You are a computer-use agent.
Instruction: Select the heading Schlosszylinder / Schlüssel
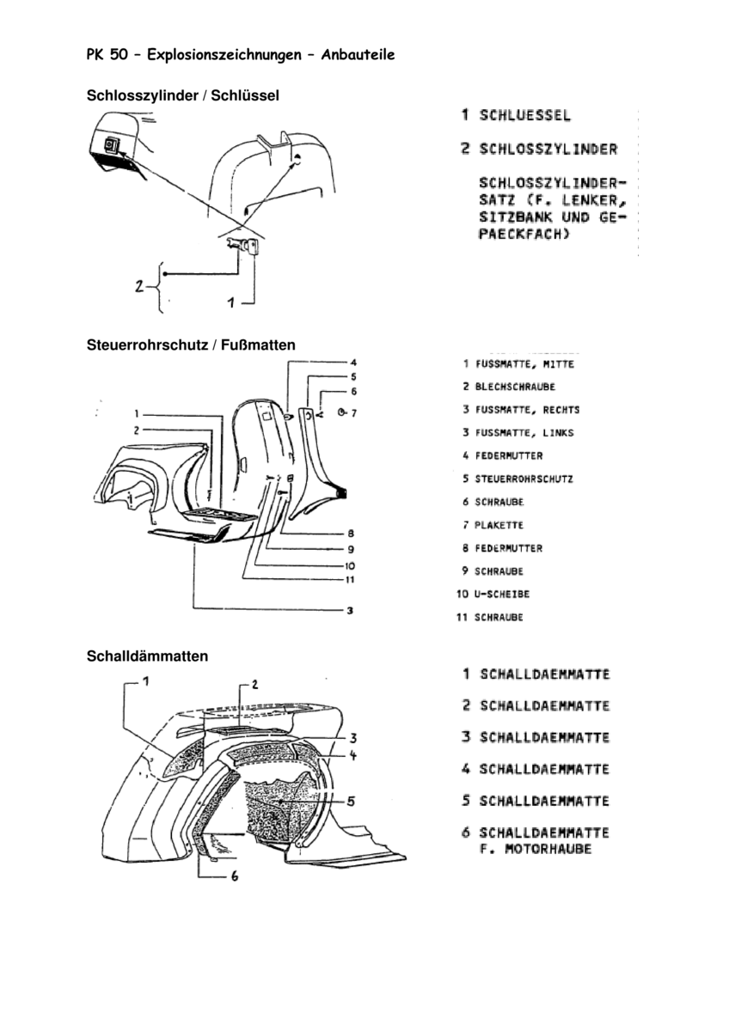(183, 96)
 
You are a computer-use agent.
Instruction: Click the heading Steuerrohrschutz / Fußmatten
(191, 345)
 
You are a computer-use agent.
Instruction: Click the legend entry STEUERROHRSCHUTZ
(524, 479)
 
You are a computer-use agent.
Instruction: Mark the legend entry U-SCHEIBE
(502, 594)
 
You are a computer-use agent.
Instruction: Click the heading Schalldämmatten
(147, 656)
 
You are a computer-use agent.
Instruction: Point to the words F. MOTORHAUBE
(535, 850)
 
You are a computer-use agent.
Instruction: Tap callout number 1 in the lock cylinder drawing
(230, 302)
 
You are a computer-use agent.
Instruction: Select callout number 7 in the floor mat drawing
(352, 413)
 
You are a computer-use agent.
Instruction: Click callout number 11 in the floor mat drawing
(351, 578)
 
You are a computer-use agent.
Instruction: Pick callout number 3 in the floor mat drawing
(351, 612)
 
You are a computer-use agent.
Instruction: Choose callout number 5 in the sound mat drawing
(352, 801)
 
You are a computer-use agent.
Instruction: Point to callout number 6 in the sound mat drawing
(233, 877)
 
